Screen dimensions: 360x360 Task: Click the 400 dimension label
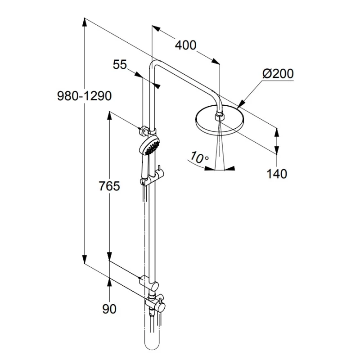coord(185,45)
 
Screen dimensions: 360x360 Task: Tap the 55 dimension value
coord(120,65)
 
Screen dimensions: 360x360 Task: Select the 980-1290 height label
coord(84,96)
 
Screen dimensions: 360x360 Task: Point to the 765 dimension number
coord(109,186)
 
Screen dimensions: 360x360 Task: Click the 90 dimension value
coord(109,309)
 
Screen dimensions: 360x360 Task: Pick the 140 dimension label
coord(277,174)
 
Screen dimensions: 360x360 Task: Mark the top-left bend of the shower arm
coord(153,64)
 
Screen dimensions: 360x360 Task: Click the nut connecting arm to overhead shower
coord(219,117)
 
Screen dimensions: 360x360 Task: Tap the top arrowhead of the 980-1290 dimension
coord(84,21)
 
